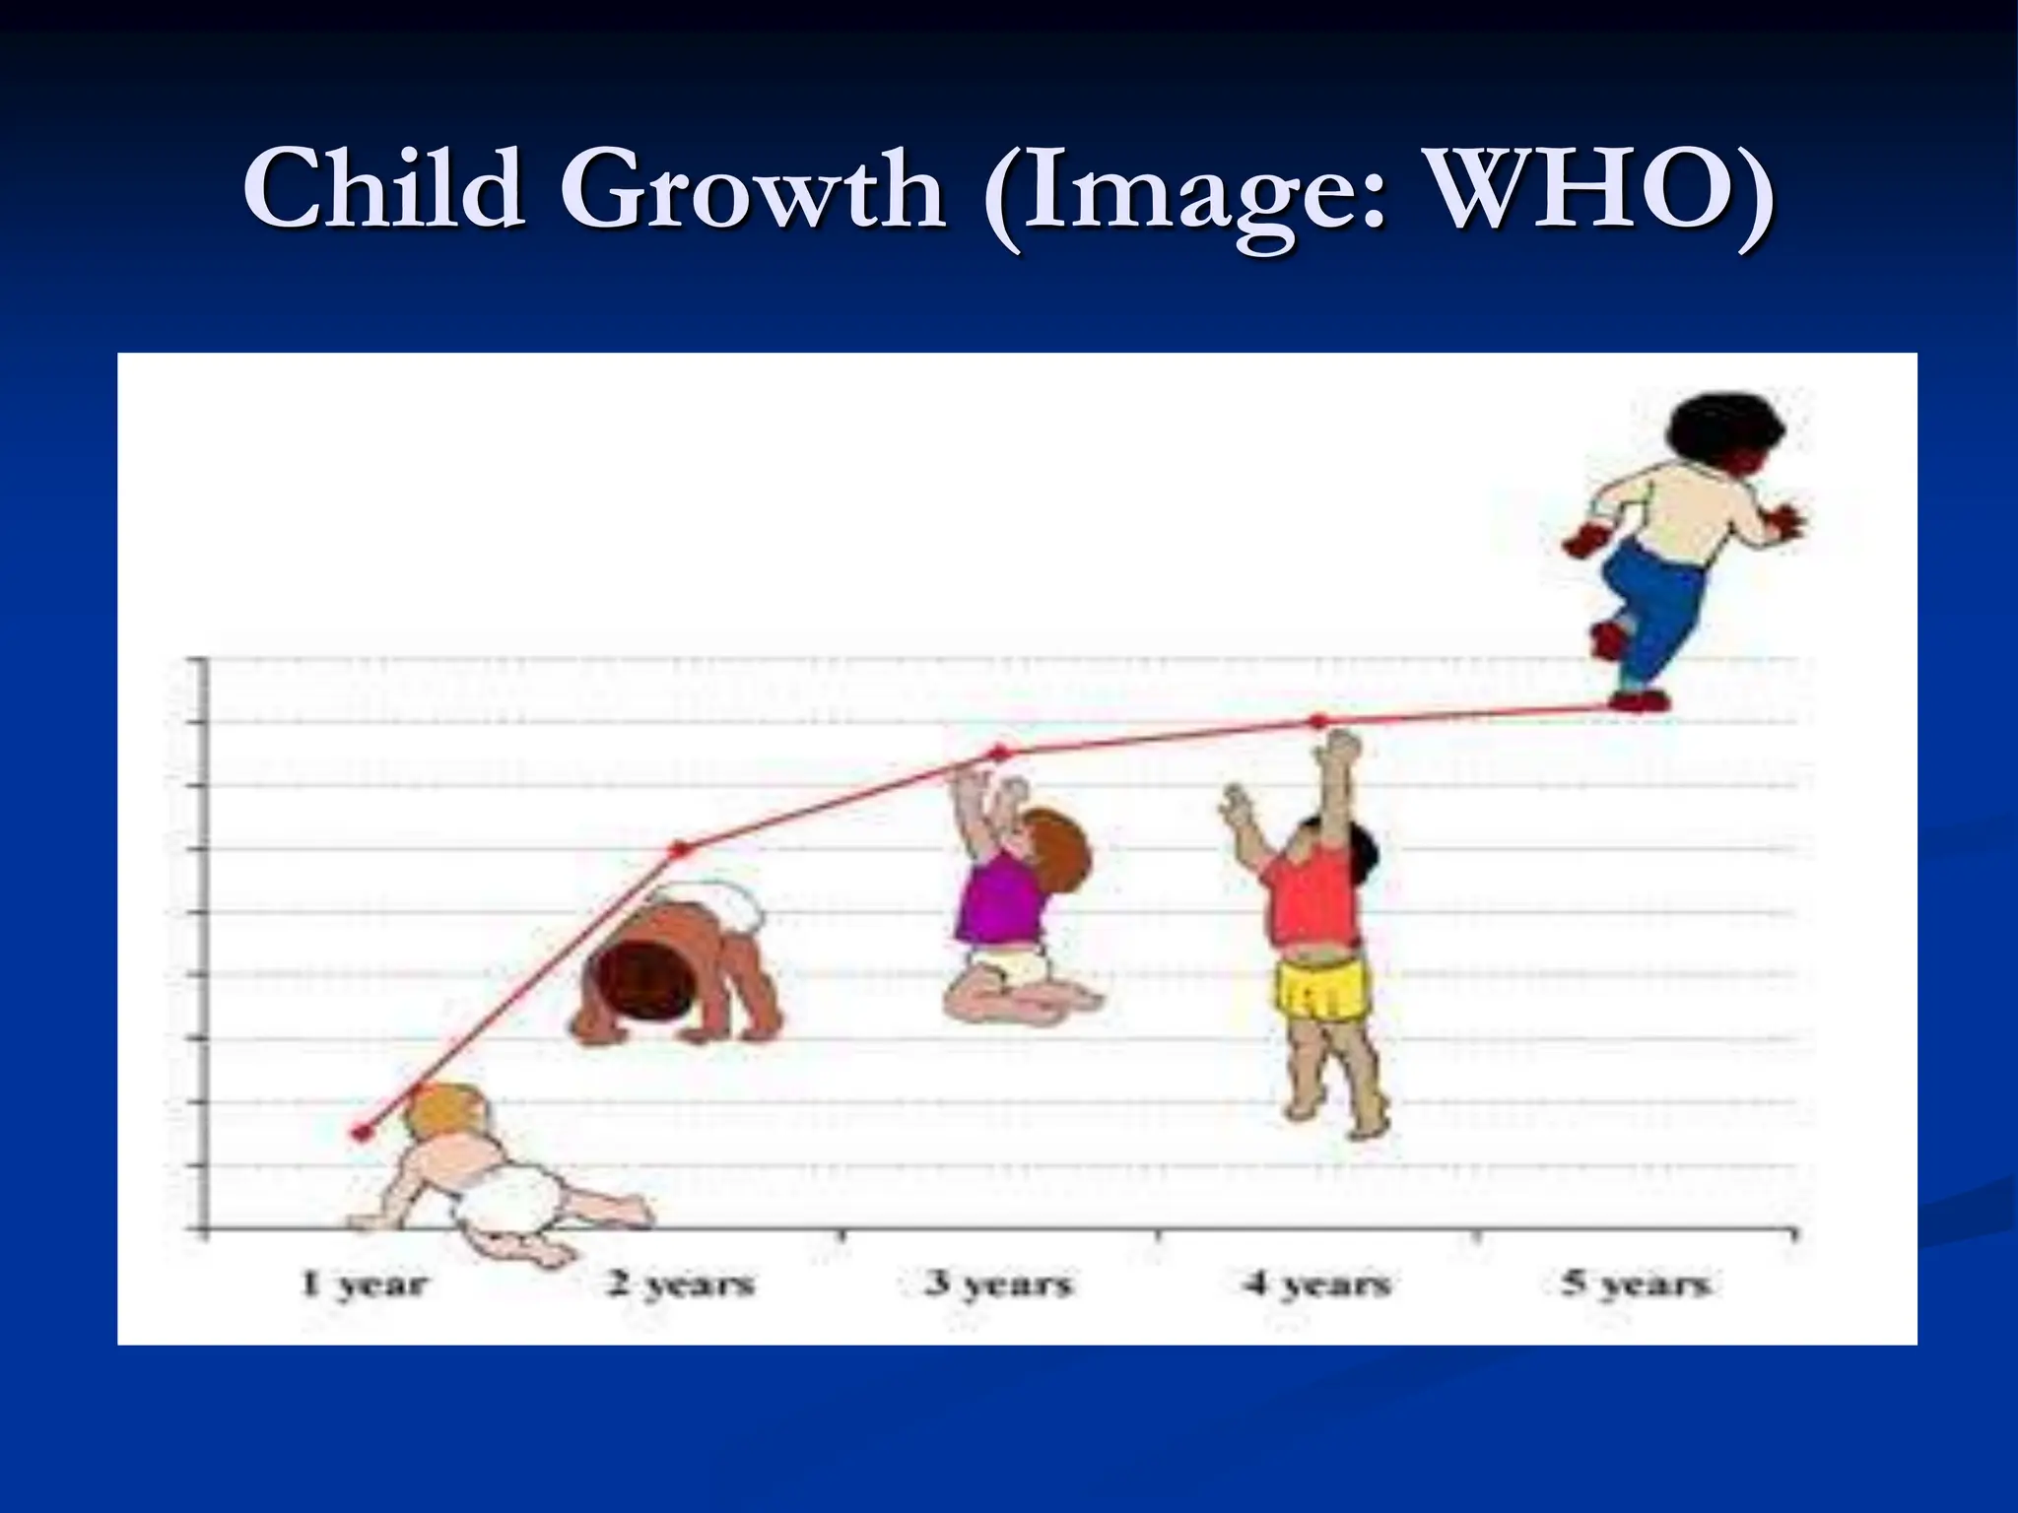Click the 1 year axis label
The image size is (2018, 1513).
click(364, 1284)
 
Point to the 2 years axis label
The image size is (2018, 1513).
click(681, 1284)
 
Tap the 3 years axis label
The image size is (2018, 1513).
click(998, 1284)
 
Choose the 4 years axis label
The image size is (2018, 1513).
click(1316, 1284)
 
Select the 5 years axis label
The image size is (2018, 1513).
click(1636, 1284)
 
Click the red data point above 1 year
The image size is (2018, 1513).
click(362, 1133)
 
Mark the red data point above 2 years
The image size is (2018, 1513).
click(679, 849)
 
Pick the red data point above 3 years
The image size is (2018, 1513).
click(999, 754)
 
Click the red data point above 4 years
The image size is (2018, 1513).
click(1318, 721)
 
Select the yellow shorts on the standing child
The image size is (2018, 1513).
click(1321, 988)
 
